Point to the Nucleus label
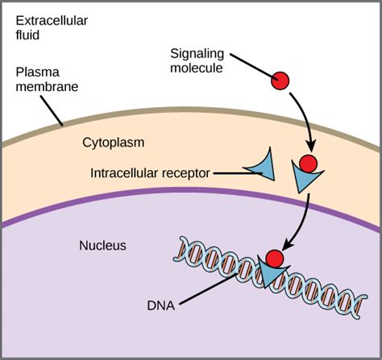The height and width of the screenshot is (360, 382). (x=103, y=245)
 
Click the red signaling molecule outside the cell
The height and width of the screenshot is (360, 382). (x=279, y=81)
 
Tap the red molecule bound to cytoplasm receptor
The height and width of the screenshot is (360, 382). (x=309, y=165)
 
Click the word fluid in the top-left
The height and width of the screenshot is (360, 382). (x=27, y=36)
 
